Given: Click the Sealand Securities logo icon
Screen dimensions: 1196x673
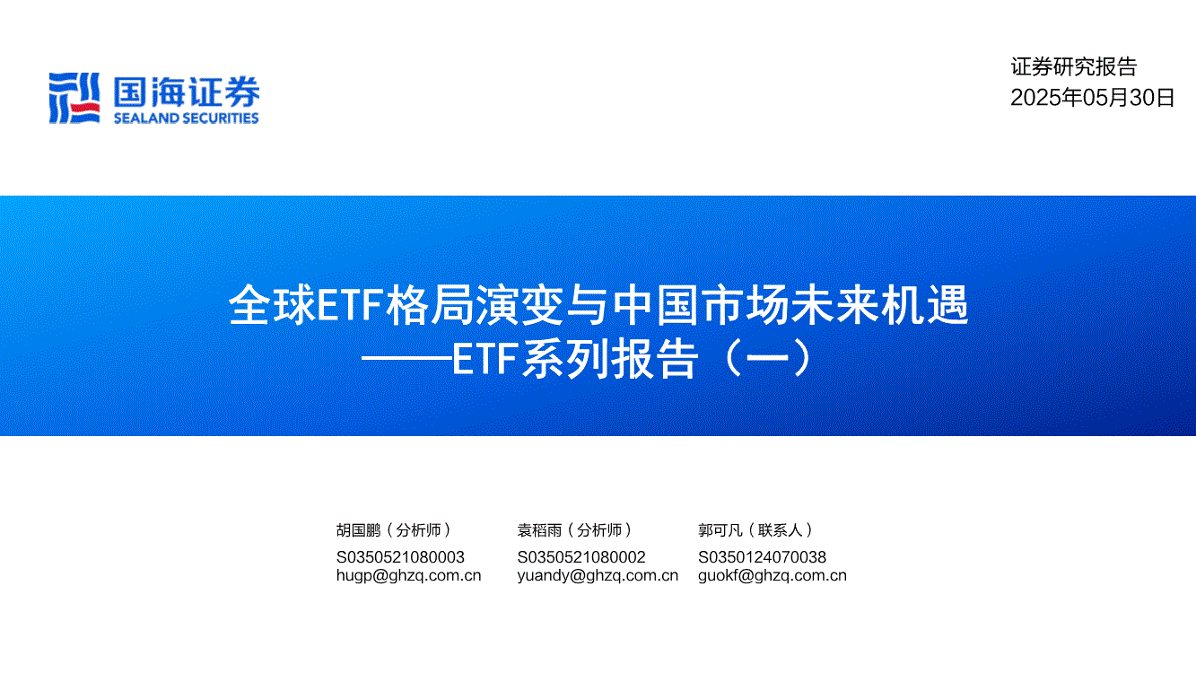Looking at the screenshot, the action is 74,98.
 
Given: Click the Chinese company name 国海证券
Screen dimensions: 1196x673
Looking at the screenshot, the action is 187,92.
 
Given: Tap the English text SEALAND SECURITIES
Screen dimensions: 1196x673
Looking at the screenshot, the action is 187,118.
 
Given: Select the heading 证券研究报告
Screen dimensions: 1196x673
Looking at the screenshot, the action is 1074,66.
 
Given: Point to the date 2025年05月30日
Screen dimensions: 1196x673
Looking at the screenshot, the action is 1093,97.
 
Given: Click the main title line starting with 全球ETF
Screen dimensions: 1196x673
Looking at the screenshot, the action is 598,305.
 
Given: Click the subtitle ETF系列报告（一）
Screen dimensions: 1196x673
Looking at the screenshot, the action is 633,359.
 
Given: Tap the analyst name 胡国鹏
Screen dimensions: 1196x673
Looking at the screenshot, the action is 358,529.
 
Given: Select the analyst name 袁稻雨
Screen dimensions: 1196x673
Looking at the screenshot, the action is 539,529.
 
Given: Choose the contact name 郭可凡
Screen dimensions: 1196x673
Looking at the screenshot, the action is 720,529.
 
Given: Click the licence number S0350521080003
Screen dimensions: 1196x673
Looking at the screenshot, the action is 400,557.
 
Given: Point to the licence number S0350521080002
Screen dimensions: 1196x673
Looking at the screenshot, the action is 581,557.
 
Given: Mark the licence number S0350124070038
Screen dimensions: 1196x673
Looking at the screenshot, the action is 763,557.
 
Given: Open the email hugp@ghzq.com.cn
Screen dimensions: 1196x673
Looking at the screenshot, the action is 409,575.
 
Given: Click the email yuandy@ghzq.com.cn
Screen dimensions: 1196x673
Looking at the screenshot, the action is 598,575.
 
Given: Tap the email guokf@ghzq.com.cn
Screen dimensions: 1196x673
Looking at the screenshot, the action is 773,575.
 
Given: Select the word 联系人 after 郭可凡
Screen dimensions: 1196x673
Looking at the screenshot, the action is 781,529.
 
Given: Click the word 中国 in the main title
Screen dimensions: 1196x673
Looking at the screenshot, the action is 656,305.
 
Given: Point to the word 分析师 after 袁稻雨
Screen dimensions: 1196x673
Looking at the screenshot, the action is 599,529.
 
